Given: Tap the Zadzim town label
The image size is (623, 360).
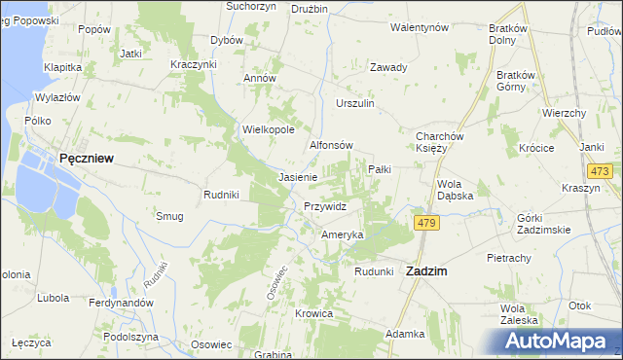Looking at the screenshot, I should [x=425, y=272].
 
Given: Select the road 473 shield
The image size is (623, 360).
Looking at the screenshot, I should [x=601, y=171].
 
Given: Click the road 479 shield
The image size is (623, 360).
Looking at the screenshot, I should [x=425, y=224].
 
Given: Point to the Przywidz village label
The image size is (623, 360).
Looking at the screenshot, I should [x=325, y=206].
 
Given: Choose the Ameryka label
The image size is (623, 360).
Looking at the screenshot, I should [x=343, y=235].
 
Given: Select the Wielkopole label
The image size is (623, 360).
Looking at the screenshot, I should [x=268, y=128].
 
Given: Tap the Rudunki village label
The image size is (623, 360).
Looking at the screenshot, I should [x=373, y=271].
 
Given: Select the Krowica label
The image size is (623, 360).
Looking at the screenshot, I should [x=314, y=313].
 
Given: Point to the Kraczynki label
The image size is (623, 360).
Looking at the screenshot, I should [x=193, y=63].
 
